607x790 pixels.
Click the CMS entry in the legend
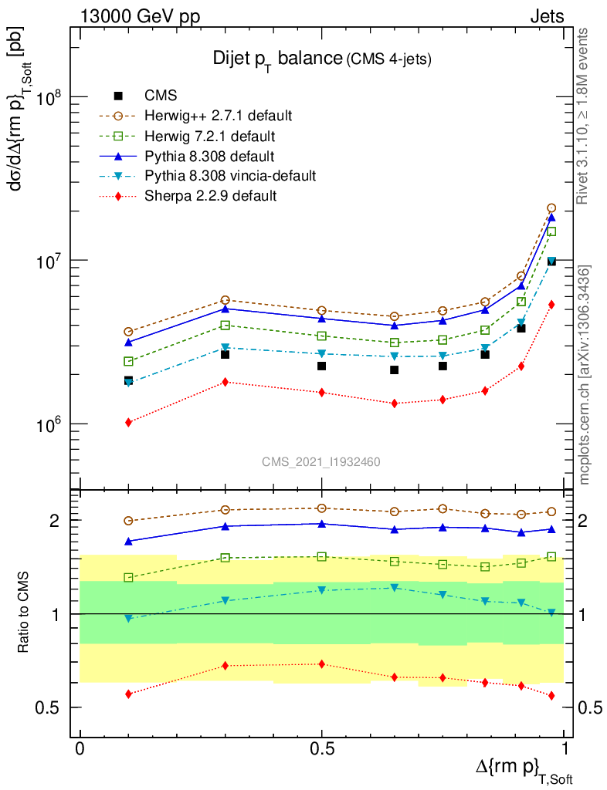tap(161, 96)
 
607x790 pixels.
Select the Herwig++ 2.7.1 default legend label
tap(218, 116)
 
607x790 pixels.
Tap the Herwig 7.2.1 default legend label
tap(210, 136)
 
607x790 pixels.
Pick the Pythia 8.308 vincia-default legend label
tap(230, 176)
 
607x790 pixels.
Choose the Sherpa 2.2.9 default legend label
tap(210, 196)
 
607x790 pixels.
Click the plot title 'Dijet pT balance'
tap(278, 59)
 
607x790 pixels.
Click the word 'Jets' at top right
tap(547, 16)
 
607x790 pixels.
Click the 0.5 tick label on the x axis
tap(322, 749)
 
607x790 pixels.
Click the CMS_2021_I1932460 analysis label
tap(320, 461)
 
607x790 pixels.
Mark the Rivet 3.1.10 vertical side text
tap(584, 116)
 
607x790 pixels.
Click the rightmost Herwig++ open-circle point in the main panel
tap(551, 208)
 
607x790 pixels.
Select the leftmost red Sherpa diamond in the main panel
tap(128, 422)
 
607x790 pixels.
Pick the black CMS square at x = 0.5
tap(322, 366)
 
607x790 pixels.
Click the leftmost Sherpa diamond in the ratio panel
tap(128, 694)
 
